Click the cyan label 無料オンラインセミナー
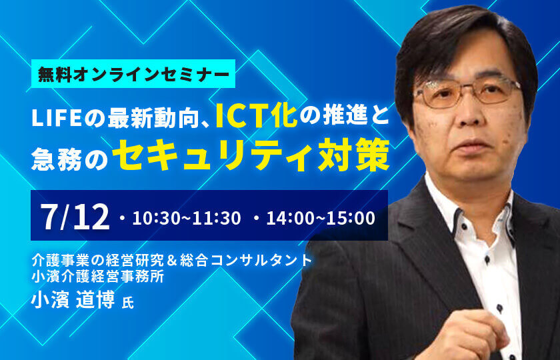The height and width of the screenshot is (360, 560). click(x=133, y=73)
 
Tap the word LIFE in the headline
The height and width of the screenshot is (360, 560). click(x=57, y=117)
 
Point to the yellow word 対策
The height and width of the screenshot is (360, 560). click(x=353, y=155)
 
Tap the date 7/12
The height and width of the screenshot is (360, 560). click(x=75, y=217)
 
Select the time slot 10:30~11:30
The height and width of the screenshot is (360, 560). click(x=187, y=218)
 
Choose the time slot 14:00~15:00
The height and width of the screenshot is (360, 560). click(x=321, y=218)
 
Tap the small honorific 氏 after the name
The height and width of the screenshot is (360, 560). click(x=127, y=303)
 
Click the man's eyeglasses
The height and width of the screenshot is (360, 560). click(x=467, y=92)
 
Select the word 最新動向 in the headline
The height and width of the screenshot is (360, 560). click(x=153, y=117)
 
